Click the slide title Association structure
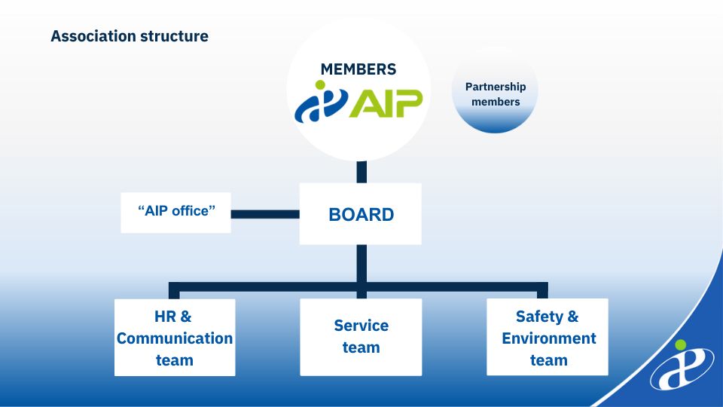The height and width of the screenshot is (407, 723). [x=130, y=35]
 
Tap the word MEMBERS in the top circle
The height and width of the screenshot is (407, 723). [x=358, y=69]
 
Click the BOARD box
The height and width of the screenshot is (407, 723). [x=361, y=214]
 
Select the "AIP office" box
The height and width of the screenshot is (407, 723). [x=176, y=212]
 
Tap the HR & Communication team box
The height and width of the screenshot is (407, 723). [x=175, y=338]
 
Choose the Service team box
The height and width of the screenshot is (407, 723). [x=361, y=337]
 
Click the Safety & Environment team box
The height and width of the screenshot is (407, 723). [x=548, y=338]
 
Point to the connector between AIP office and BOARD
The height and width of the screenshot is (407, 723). [x=264, y=214]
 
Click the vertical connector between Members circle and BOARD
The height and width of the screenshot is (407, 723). [x=361, y=172]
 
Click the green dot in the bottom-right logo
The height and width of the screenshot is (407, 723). [x=681, y=345]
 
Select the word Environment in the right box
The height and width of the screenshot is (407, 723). [x=549, y=338]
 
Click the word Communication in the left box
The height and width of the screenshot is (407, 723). [x=175, y=338]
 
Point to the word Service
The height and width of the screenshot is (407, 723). [x=361, y=326]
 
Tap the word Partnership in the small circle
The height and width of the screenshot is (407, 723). [x=496, y=87]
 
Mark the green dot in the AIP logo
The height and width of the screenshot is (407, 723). [x=324, y=85]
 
